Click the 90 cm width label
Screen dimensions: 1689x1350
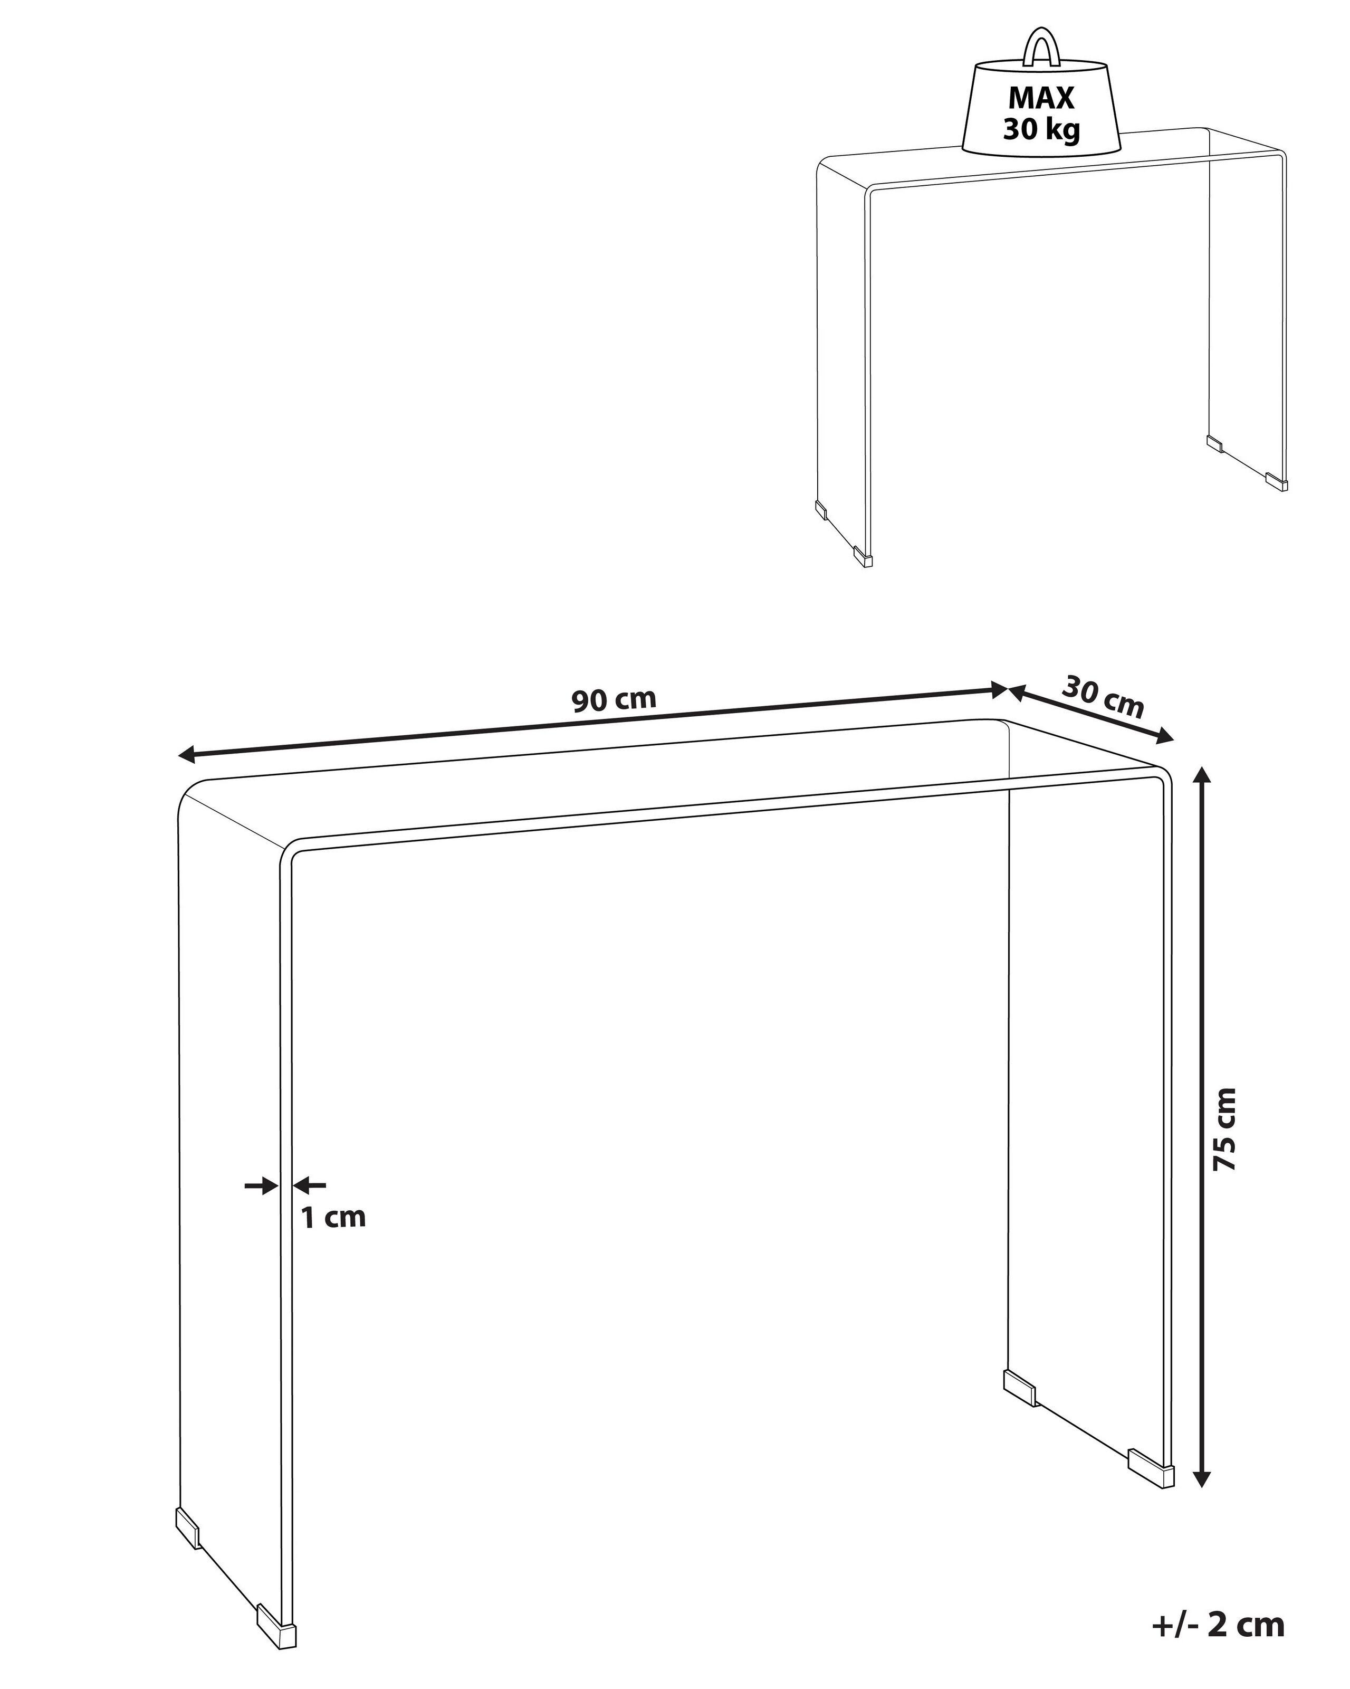tap(613, 699)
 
